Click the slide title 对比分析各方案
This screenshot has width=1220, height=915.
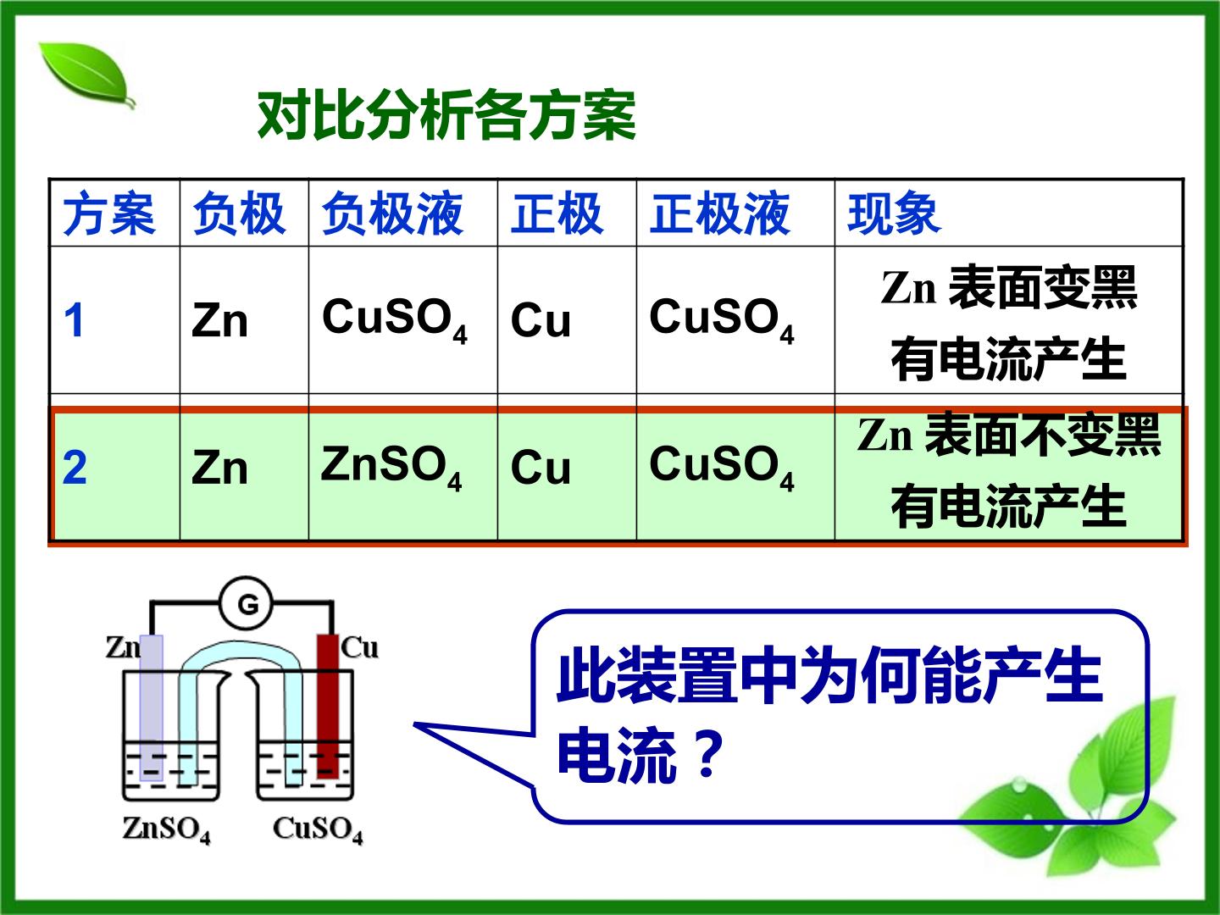point(446,115)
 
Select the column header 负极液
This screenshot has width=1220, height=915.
point(392,213)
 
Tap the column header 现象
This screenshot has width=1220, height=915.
point(893,213)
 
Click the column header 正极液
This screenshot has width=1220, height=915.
point(720,213)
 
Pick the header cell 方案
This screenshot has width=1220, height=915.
point(109,213)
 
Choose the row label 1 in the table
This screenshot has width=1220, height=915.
point(74,320)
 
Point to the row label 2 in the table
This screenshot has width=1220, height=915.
point(75,467)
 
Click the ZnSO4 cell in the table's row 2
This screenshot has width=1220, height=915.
point(391,467)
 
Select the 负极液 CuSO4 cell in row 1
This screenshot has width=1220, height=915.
point(395,320)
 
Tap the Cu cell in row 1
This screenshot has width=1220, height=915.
point(541,320)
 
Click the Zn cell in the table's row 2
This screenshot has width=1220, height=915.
point(219,468)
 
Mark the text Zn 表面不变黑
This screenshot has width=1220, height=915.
point(1009,435)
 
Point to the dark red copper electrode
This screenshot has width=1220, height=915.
point(328,706)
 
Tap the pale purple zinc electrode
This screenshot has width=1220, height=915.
point(151,707)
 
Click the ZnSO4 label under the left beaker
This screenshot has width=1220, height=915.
point(167,829)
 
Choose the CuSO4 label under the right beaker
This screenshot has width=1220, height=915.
point(318,829)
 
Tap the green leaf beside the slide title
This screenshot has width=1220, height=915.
point(87,75)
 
